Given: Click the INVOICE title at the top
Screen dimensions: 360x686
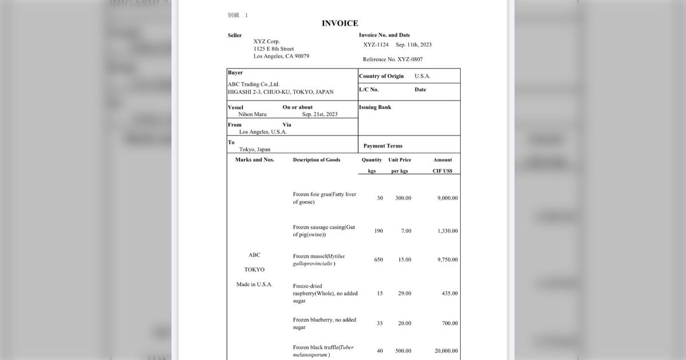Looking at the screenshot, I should (x=340, y=23).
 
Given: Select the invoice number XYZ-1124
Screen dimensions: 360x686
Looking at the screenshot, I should (x=376, y=45).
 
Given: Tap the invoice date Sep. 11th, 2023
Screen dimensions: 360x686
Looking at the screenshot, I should (x=413, y=45).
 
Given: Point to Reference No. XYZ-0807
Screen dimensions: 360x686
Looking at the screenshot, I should (x=393, y=59).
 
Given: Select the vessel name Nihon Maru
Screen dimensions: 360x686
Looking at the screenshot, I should (x=252, y=114).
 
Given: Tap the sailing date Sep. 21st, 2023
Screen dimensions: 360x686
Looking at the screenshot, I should (x=320, y=114).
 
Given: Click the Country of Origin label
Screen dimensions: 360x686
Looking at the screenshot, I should (x=381, y=76).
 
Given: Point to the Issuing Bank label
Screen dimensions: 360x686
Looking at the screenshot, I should (x=375, y=107).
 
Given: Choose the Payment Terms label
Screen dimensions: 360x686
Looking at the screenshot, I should (x=383, y=146).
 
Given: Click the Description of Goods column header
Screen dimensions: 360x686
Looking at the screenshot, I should (x=317, y=160).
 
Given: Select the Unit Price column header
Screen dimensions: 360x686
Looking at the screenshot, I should (x=400, y=160).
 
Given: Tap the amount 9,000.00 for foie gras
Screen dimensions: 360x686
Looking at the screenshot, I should (x=447, y=198).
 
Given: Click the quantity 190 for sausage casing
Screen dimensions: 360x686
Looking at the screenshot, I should (x=378, y=231).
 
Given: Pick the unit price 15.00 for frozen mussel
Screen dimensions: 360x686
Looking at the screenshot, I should (x=404, y=259).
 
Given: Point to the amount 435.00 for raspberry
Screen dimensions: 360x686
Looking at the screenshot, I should (x=449, y=293).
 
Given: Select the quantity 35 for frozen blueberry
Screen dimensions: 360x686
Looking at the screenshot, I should (x=380, y=323).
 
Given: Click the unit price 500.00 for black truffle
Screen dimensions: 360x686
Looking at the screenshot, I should (x=403, y=351).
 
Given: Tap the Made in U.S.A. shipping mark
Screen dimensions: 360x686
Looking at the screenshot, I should (x=254, y=285).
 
